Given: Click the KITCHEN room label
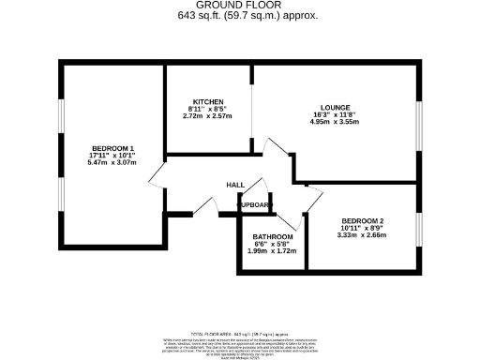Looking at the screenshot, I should (x=208, y=100).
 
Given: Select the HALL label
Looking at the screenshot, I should (x=236, y=185).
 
